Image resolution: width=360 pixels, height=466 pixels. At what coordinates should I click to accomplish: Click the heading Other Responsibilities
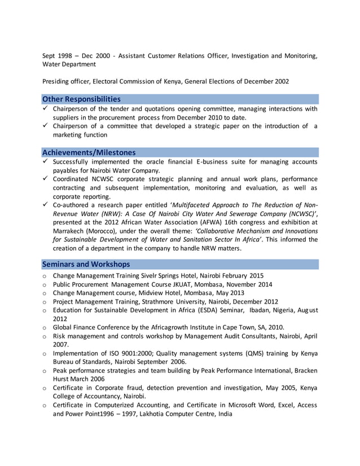click(x=81, y=99)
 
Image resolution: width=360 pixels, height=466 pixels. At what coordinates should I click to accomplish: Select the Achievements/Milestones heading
click(x=89, y=152)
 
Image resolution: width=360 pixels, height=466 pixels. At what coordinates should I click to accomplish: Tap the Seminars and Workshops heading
click(x=86, y=264)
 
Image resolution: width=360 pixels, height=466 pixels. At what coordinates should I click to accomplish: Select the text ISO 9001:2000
click(x=121, y=353)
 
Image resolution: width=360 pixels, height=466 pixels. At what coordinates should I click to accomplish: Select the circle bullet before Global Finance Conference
click(x=45, y=328)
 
